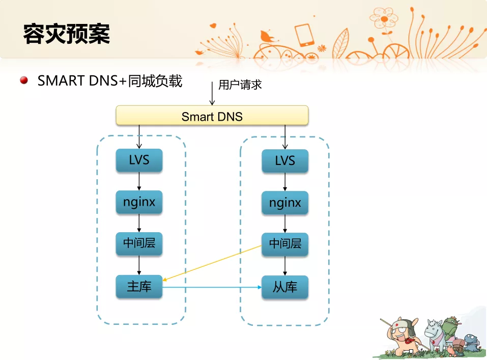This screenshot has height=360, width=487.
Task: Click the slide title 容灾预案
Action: click(x=67, y=34)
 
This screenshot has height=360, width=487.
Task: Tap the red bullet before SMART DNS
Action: click(x=24, y=80)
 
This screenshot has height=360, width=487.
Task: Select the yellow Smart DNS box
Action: click(x=212, y=116)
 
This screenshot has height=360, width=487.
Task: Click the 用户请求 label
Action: click(x=240, y=85)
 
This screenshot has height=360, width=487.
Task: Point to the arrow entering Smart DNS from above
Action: click(x=212, y=93)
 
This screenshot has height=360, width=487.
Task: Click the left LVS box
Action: click(x=139, y=160)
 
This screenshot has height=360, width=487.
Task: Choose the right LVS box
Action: click(x=285, y=161)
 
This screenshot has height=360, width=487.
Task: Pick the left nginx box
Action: click(x=139, y=202)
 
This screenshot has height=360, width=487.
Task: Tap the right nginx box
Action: click(x=285, y=203)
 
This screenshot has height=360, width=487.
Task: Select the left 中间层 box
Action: click(x=139, y=243)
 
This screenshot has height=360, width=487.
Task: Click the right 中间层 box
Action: click(x=285, y=244)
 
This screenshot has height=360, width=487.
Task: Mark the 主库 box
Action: click(x=139, y=286)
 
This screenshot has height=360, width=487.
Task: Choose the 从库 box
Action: click(x=285, y=287)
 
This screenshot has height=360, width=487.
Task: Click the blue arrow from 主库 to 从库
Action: click(x=212, y=287)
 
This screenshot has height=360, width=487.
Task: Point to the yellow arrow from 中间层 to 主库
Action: click(x=212, y=263)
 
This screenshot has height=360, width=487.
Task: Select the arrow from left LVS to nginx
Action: click(x=139, y=181)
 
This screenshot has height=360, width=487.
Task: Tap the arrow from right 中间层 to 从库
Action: click(x=285, y=266)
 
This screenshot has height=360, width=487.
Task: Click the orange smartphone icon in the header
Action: click(x=304, y=35)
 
